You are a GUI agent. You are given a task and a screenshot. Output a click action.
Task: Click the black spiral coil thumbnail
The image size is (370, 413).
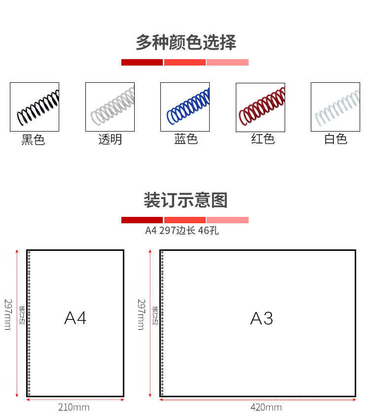35,107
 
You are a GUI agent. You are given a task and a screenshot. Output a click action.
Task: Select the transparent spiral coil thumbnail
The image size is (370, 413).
110,107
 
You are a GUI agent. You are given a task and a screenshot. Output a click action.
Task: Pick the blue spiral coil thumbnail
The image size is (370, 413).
185,107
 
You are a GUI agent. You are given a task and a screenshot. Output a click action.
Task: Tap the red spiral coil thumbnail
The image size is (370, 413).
260,107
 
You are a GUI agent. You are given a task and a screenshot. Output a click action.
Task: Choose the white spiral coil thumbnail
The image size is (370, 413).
335,107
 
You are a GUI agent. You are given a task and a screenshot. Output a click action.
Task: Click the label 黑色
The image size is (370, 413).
33,140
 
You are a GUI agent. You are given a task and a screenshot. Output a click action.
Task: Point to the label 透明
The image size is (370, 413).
110,140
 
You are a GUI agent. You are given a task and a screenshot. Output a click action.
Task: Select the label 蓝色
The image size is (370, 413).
186,139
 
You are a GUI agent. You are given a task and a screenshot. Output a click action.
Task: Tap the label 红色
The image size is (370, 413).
262,139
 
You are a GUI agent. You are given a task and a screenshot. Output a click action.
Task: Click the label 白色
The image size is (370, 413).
336,139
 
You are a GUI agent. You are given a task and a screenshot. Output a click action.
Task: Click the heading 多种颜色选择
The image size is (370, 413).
185,43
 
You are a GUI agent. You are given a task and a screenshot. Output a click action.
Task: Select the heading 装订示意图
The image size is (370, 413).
185,201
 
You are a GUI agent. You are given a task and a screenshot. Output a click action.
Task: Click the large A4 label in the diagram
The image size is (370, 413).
75,318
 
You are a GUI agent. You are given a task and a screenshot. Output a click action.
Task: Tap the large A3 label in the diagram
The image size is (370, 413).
261,318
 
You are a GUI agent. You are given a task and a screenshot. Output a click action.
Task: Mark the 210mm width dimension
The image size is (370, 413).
74,407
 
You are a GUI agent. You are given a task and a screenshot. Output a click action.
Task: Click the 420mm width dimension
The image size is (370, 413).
266,407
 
